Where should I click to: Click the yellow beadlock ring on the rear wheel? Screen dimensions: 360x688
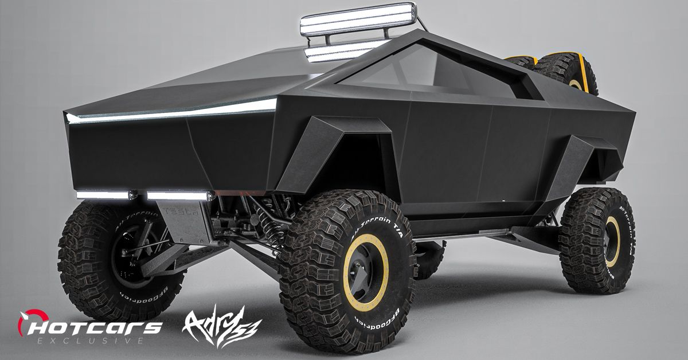point(612,241)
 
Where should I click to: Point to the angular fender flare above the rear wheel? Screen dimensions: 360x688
point(579,161)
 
